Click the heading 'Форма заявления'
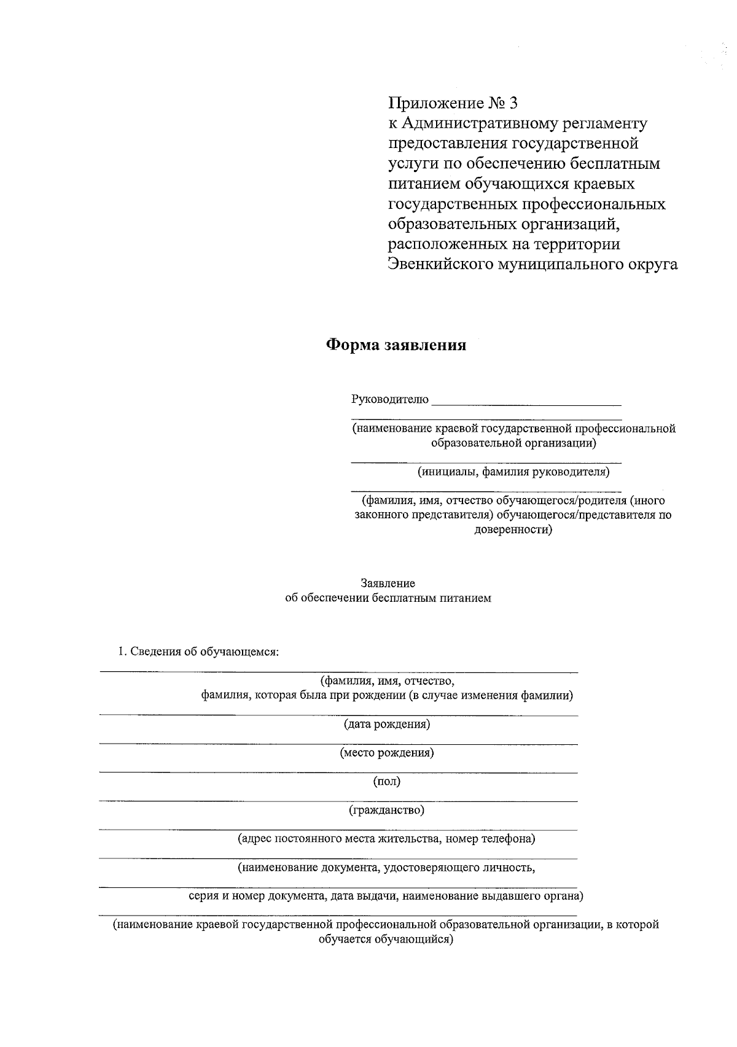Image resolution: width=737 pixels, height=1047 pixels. (396, 345)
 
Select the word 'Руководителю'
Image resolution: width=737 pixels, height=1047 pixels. (390, 400)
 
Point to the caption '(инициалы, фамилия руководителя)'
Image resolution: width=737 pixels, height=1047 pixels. (513, 472)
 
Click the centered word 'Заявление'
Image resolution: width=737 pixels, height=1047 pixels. (388, 583)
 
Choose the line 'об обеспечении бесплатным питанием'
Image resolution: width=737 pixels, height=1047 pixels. (388, 597)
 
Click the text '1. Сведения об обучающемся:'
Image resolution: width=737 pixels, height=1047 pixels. (198, 652)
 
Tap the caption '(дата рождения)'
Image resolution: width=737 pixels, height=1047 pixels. (387, 724)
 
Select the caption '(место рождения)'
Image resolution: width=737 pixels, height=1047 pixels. (387, 753)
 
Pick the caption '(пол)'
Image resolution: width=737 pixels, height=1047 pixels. (387, 782)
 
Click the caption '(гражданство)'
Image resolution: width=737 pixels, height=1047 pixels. (387, 811)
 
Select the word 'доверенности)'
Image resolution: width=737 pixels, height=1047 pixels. (513, 529)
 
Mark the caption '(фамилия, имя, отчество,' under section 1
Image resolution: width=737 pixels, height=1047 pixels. (387, 681)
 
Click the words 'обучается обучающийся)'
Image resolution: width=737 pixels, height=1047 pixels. (386, 940)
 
